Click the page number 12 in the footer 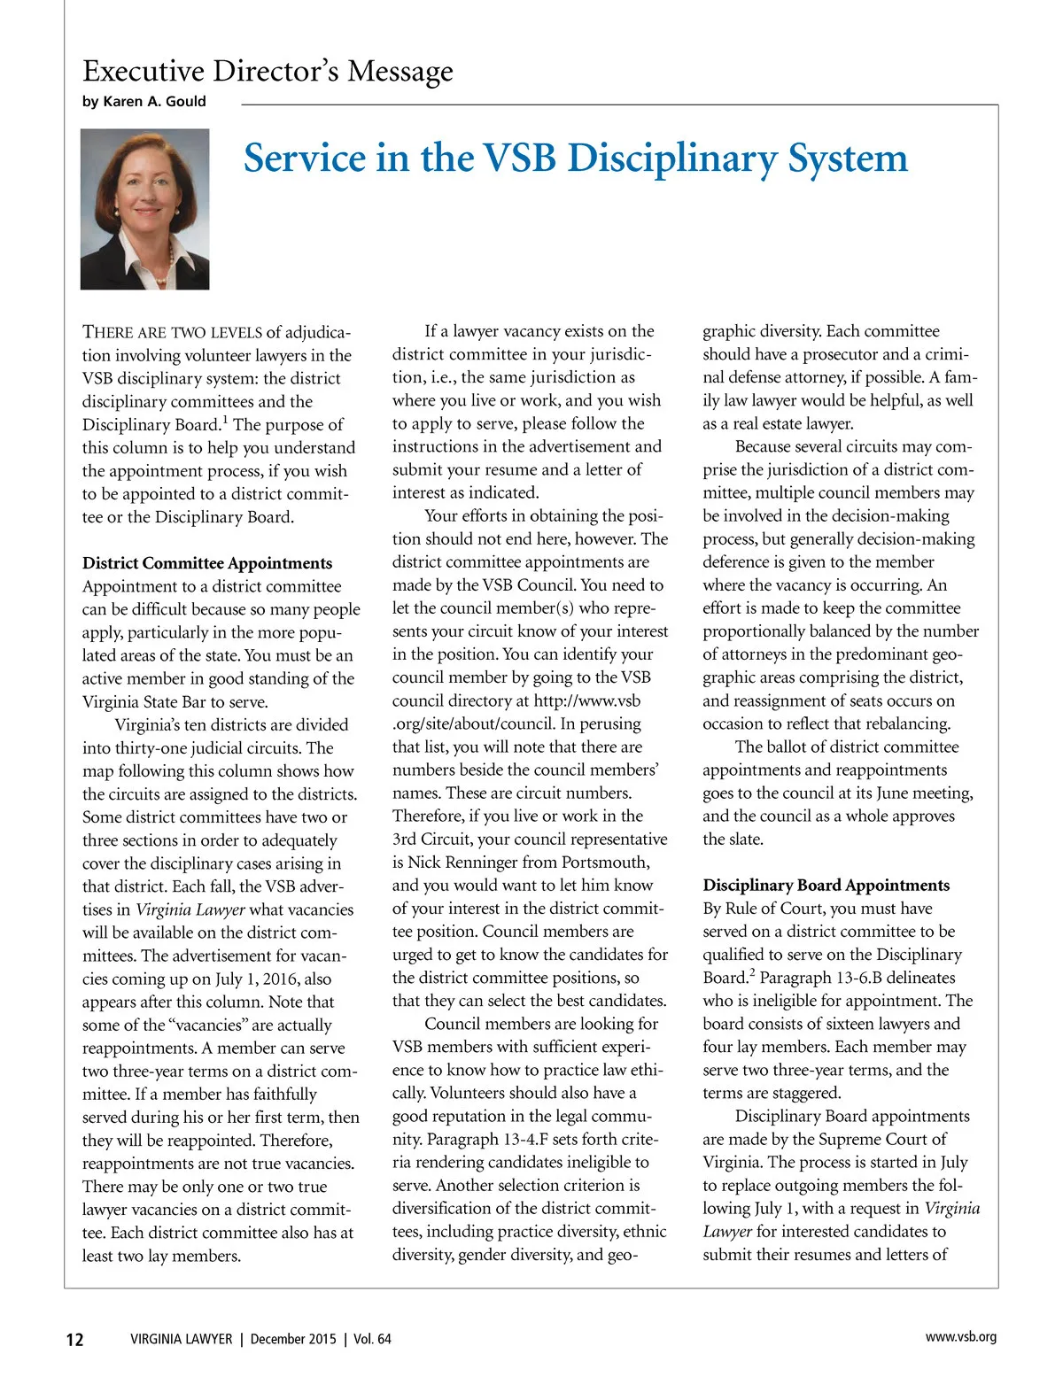[x=75, y=1339]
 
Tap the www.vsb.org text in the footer [x=960, y=1337]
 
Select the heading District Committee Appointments [x=207, y=563]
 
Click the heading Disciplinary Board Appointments [x=826, y=885]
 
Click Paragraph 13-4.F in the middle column [x=489, y=1139]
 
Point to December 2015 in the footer [x=293, y=1339]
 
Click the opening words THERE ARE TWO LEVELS [x=172, y=332]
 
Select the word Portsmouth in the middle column [x=607, y=863]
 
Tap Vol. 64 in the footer [x=372, y=1339]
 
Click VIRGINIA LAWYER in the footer [x=181, y=1339]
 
